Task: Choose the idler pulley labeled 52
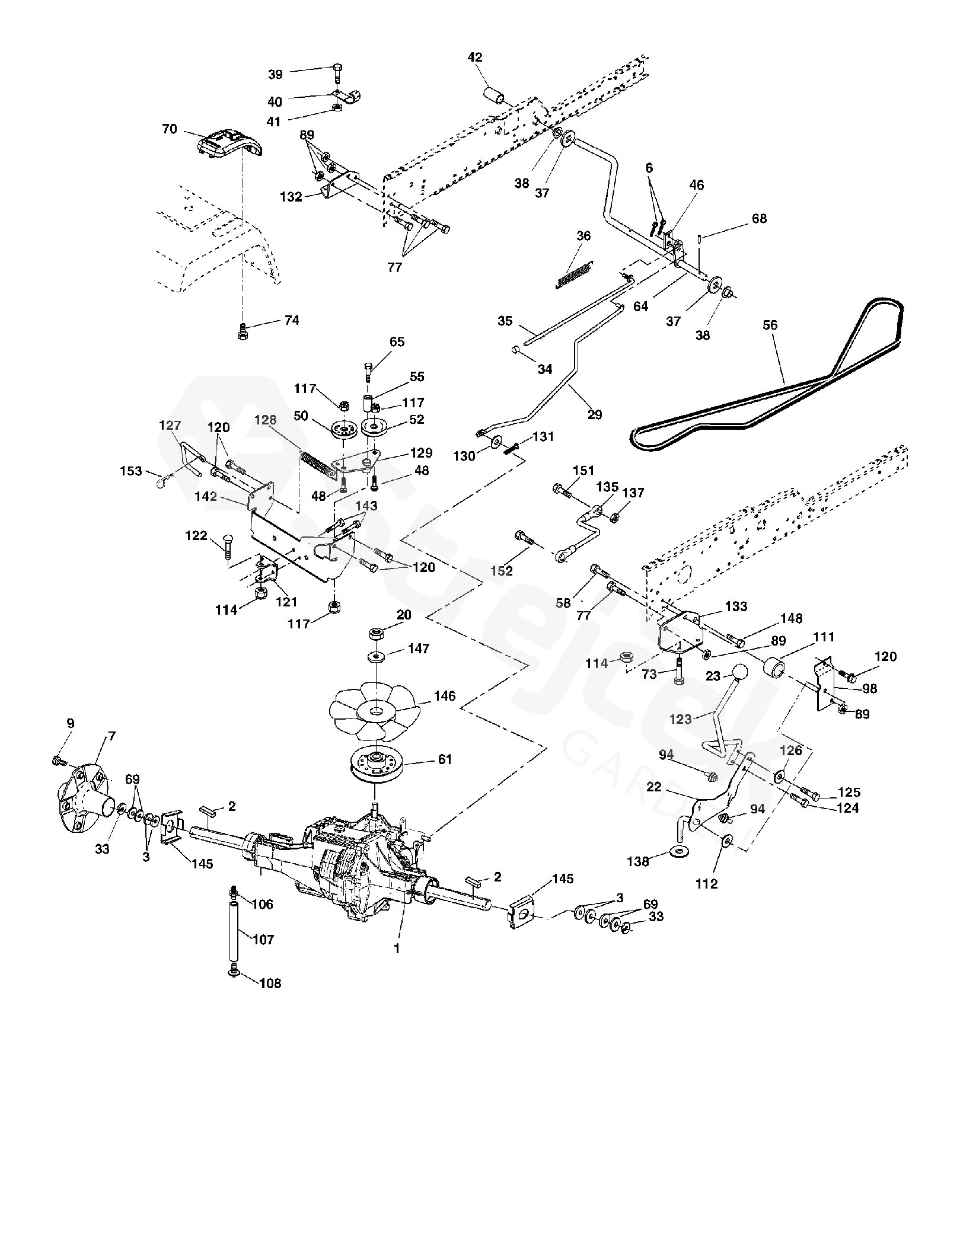pyautogui.click(x=376, y=427)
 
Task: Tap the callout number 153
pyautogui.click(x=131, y=471)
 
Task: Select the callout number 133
pyautogui.click(x=736, y=606)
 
